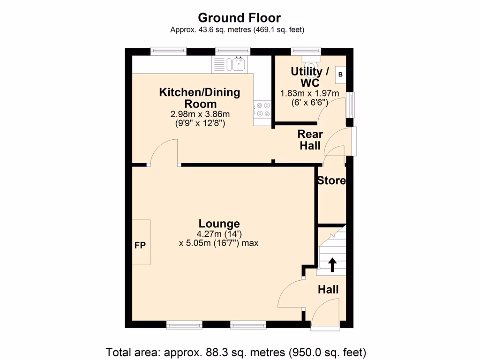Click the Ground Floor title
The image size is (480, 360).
239,18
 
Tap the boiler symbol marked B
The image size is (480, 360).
340,74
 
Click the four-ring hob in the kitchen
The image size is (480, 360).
262,110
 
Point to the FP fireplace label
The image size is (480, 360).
140,245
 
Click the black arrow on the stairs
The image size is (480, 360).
332,264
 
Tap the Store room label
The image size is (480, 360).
332,180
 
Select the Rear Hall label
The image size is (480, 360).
310,140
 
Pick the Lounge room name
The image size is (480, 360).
219,224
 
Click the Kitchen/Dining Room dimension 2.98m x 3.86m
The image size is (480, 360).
200,114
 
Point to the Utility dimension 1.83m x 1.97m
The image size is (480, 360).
309,93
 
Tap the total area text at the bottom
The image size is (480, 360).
236,352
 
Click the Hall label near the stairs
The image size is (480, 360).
328,290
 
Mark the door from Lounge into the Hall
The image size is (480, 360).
292,293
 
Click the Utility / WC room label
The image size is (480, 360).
310,77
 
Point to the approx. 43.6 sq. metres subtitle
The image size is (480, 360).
237,30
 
